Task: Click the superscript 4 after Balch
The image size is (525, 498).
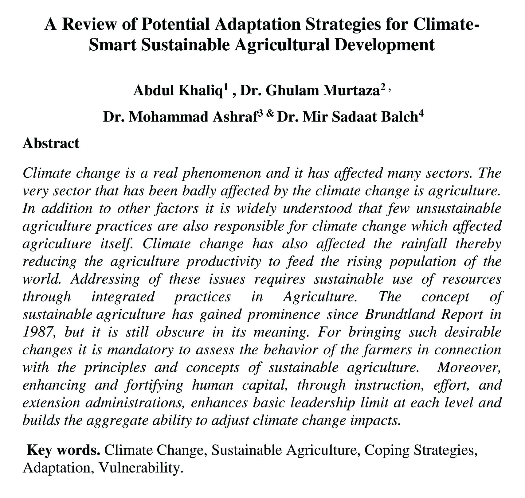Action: tap(421, 115)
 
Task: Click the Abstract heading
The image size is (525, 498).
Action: tap(51, 143)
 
